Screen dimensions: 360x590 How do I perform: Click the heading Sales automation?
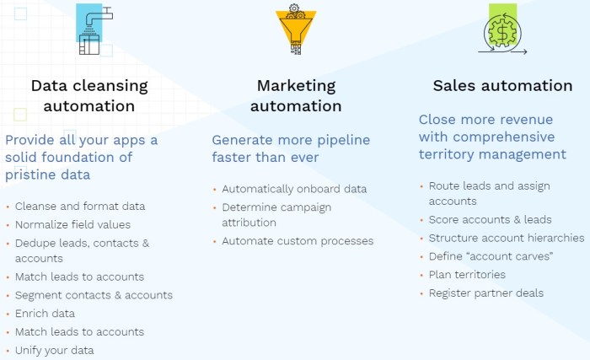(x=502, y=86)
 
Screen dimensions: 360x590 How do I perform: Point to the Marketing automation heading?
(x=296, y=96)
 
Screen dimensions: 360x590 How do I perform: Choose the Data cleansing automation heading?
(x=89, y=96)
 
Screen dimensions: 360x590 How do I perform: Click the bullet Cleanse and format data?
(x=80, y=206)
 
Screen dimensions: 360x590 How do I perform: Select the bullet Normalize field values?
(x=72, y=224)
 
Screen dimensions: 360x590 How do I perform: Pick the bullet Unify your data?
(x=54, y=350)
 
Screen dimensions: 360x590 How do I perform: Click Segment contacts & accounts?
(x=94, y=295)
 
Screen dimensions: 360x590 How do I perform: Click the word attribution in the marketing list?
(x=249, y=223)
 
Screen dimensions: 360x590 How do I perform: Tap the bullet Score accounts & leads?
(x=490, y=220)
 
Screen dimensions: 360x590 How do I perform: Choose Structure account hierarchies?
(x=506, y=238)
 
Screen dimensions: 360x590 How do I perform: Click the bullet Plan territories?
(x=467, y=275)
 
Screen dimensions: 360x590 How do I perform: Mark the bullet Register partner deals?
(x=486, y=293)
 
